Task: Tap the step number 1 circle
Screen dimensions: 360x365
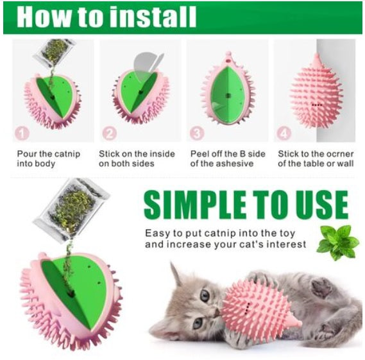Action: pos(22,133)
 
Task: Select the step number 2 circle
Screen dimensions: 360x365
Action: pos(110,133)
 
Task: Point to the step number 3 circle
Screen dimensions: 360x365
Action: pos(197,133)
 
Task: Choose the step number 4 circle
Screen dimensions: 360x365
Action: pos(284,133)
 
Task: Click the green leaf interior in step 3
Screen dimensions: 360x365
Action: pos(226,95)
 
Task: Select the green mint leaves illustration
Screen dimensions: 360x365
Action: pos(338,242)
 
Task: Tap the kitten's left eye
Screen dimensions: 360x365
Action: pos(205,296)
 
